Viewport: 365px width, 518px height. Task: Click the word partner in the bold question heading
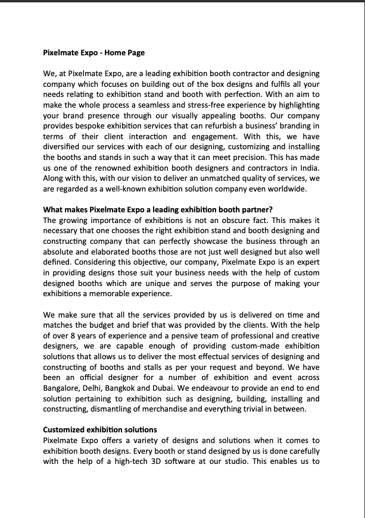click(255, 209)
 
